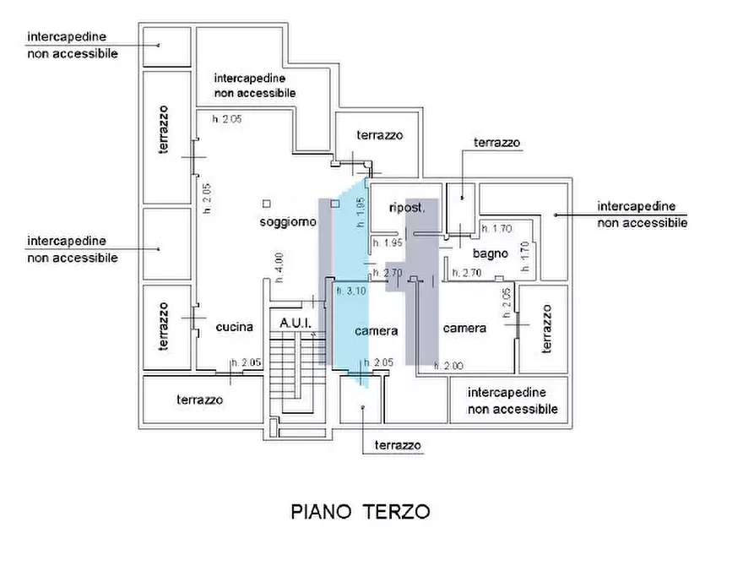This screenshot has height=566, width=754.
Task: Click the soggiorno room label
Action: pyautogui.click(x=288, y=222)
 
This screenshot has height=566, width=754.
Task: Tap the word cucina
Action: pyautogui.click(x=234, y=328)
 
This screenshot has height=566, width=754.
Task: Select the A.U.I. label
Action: pyautogui.click(x=296, y=324)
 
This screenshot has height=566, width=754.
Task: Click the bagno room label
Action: pyautogui.click(x=490, y=253)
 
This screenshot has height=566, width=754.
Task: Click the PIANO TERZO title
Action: pyautogui.click(x=361, y=512)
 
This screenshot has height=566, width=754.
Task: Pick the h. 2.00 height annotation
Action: pyautogui.click(x=448, y=366)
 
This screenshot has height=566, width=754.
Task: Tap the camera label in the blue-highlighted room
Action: pyautogui.click(x=376, y=331)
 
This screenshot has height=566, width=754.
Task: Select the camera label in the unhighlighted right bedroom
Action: pyautogui.click(x=464, y=328)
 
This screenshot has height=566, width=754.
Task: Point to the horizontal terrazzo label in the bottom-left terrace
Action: pyautogui.click(x=200, y=400)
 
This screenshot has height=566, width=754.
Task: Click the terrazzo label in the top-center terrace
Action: pyautogui.click(x=379, y=135)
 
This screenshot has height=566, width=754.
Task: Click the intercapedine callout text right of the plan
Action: pyautogui.click(x=642, y=215)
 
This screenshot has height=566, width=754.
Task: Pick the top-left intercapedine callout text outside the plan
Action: pyautogui.click(x=73, y=45)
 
